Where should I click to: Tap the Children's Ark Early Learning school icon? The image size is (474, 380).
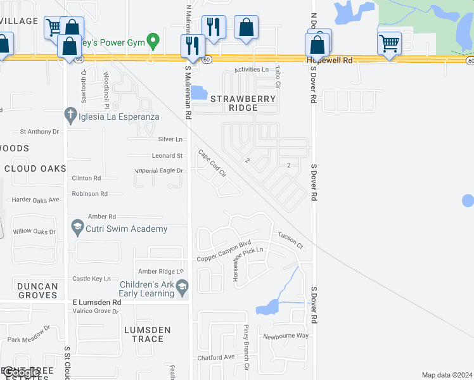pyautogui.click(x=182, y=288)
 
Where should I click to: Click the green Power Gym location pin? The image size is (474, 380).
pyautogui.click(x=152, y=41)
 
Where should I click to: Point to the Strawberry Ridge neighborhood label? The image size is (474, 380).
pyautogui.click(x=243, y=103)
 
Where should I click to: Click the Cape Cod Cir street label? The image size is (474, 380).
pyautogui.click(x=212, y=163)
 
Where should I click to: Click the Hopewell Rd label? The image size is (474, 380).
pyautogui.click(x=329, y=60)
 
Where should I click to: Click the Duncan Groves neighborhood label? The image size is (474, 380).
pyautogui.click(x=38, y=291)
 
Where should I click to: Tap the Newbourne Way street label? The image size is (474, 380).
pyautogui.click(x=286, y=336)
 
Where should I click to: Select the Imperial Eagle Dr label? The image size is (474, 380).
pyautogui.click(x=159, y=171)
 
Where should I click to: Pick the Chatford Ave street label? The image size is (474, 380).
pyautogui.click(x=216, y=357)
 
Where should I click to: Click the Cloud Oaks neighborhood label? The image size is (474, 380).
pyautogui.click(x=35, y=168)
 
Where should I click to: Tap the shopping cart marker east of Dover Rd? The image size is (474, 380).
pyautogui.click(x=389, y=44)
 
